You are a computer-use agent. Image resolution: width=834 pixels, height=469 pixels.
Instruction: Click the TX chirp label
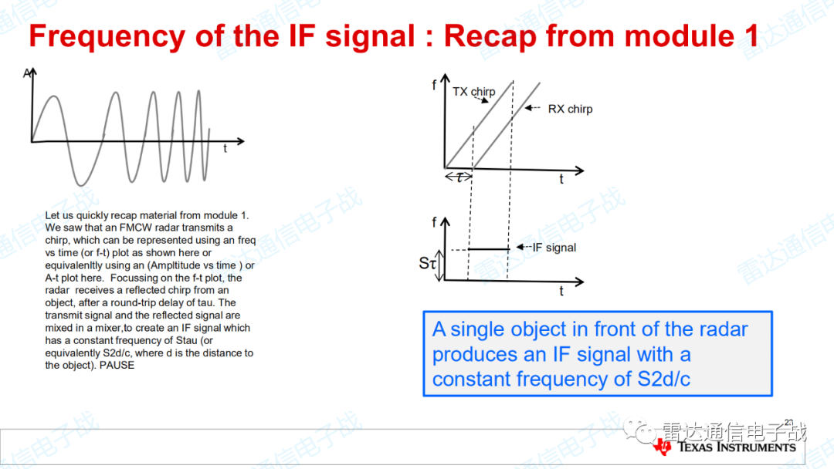click(474, 92)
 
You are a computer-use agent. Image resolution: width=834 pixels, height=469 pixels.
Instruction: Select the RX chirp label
click(570, 109)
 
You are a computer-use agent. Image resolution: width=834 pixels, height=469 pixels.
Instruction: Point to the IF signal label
click(554, 248)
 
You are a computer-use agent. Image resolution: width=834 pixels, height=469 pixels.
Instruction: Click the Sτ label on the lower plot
click(428, 263)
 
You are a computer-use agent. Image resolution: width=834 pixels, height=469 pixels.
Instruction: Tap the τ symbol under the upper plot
click(459, 177)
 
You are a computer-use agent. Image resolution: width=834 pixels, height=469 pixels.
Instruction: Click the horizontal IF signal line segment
click(488, 248)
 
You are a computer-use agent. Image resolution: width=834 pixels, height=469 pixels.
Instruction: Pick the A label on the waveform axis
click(26, 73)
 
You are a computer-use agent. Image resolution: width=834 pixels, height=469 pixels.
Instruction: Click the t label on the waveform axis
click(225, 149)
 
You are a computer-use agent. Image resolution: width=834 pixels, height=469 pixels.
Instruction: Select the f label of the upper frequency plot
click(434, 85)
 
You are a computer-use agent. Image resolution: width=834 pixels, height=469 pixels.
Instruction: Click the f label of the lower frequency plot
click(434, 223)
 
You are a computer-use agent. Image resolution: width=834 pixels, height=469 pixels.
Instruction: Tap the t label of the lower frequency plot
click(561, 291)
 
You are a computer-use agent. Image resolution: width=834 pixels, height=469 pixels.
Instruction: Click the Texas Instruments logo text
click(737, 447)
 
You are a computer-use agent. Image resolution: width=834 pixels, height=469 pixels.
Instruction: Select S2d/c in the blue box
click(664, 380)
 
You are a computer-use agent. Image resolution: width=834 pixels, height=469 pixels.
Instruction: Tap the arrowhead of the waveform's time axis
click(241, 141)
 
